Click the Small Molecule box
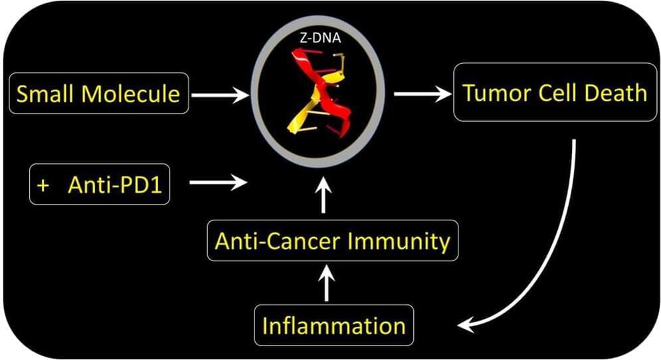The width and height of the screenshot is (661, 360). (98, 94)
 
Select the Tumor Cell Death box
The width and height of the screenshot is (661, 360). (555, 92)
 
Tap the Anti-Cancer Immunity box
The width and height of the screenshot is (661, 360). (332, 240)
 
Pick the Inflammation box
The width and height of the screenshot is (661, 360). (333, 325)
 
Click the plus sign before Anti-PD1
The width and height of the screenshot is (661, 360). (44, 184)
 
